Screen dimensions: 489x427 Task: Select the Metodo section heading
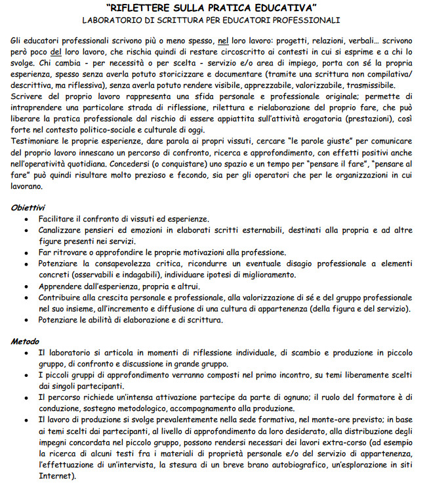click(26, 341)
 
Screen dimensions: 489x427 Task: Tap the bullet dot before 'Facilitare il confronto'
click(26, 218)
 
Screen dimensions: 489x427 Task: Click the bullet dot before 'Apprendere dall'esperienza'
click(26, 286)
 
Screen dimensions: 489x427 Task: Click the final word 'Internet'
click(54, 475)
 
